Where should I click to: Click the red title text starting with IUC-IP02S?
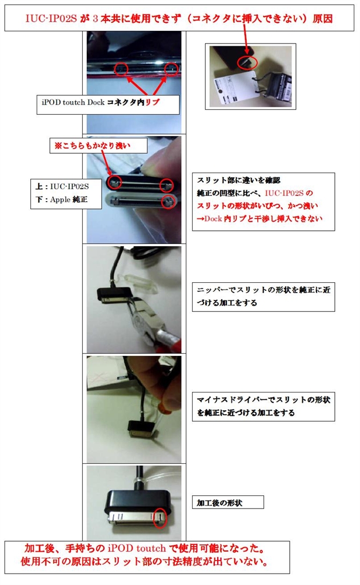coord(179,19)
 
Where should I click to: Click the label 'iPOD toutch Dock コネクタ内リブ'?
coord(101,102)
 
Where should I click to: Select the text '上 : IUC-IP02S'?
coord(62,186)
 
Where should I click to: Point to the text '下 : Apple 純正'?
coord(61,199)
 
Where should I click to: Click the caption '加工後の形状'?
coord(219,503)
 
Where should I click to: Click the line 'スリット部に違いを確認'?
coord(238,180)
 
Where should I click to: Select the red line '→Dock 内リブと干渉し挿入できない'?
coord(259,219)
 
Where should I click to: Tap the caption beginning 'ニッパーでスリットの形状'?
coord(263,296)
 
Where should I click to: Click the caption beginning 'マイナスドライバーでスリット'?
coord(263,406)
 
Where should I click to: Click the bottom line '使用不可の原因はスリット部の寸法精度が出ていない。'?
coord(144,562)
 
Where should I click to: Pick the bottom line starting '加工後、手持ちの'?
coord(145,548)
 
